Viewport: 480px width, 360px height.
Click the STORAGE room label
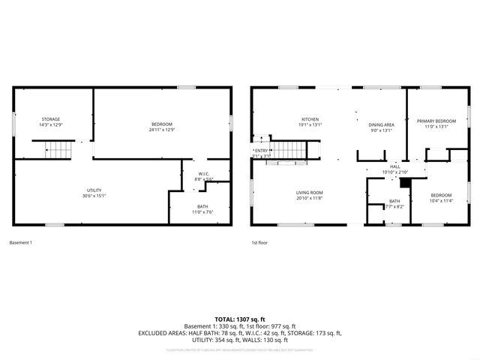coord(51,119)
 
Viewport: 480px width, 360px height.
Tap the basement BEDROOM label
coord(161,124)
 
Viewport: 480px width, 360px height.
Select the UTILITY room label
coord(94,190)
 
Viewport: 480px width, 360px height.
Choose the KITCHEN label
coord(310,119)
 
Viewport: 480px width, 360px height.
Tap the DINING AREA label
coord(382,124)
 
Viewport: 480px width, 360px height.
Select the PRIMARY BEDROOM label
coord(436,121)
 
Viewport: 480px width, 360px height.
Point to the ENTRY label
coord(261,151)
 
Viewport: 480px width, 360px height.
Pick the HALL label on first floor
coord(394,166)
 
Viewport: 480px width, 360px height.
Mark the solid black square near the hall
coord(406,181)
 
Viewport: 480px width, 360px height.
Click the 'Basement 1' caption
coord(20,242)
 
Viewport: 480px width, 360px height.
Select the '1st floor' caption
coord(260,242)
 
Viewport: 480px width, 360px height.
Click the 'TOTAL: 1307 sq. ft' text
coord(240,319)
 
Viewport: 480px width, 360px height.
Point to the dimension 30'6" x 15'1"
coord(94,196)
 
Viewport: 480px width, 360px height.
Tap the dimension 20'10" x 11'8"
coord(309,198)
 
